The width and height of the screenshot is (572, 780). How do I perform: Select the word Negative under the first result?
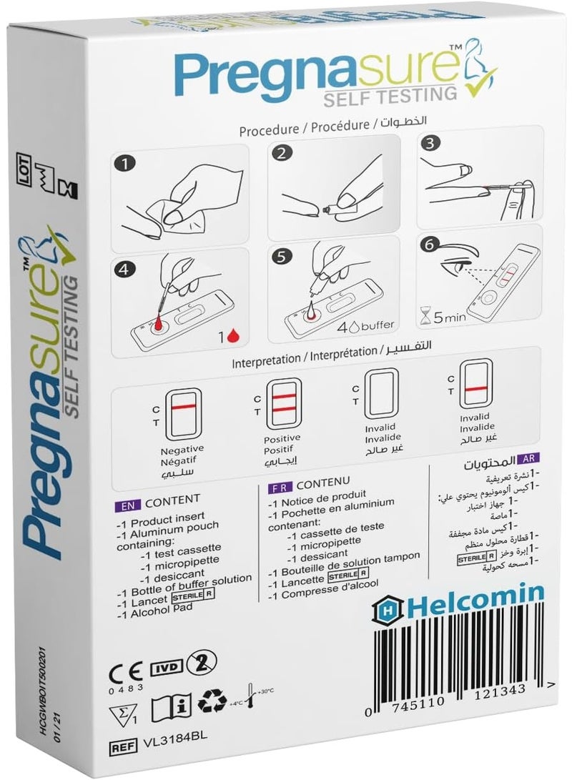click(x=183, y=448)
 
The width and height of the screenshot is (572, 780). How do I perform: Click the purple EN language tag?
click(x=122, y=498)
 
